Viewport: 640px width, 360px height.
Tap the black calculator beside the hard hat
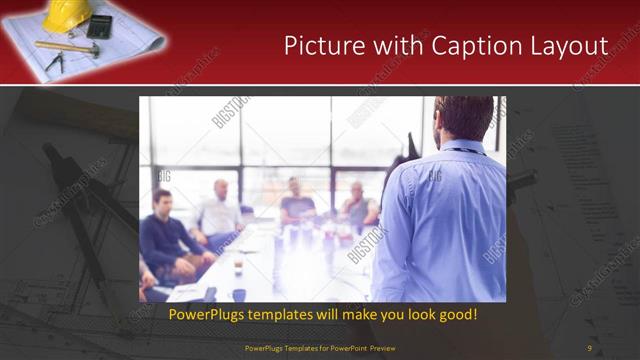pyautogui.click(x=100, y=25)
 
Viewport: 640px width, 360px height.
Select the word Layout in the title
pyautogui.click(x=571, y=46)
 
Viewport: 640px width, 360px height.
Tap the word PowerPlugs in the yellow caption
pyautogui.click(x=205, y=315)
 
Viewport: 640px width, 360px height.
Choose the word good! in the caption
pyautogui.click(x=456, y=315)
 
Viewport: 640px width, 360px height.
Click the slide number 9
pyautogui.click(x=589, y=347)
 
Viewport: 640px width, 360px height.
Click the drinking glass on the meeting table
pyautogui.click(x=238, y=266)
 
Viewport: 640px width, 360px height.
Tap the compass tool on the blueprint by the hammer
pyautogui.click(x=56, y=61)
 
